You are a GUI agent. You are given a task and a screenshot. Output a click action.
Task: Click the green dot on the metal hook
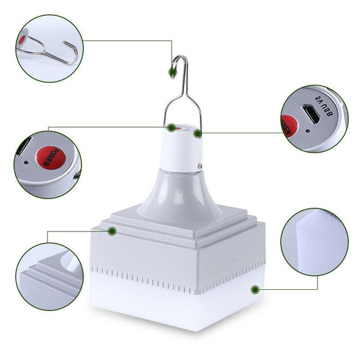click(x=172, y=73)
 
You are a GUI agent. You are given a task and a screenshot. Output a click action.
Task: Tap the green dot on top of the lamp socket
click(x=172, y=127)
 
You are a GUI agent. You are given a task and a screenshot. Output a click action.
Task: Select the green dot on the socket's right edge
click(x=197, y=133)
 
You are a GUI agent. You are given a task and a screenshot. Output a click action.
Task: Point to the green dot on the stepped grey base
click(x=112, y=230)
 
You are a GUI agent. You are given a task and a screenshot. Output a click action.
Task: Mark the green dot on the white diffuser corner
click(x=255, y=290)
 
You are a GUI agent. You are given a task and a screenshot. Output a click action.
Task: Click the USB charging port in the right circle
click(x=311, y=112)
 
